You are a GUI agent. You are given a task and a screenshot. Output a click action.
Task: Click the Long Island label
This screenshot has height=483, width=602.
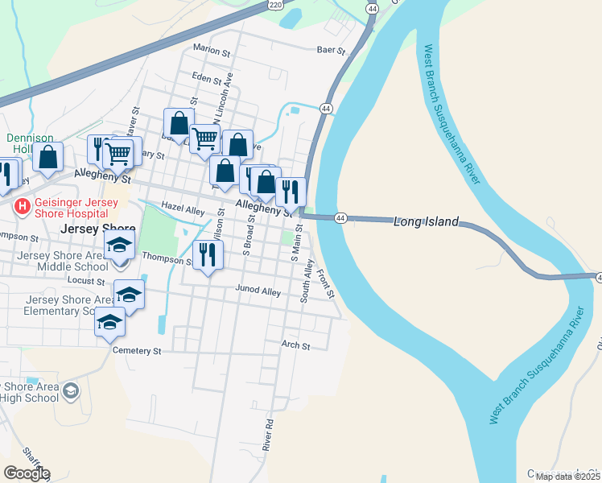426,221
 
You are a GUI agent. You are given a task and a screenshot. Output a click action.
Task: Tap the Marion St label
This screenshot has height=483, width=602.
212,50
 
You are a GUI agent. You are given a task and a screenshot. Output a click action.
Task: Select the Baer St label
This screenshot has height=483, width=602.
331,51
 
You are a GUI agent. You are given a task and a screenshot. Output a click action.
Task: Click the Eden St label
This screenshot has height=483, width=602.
207,78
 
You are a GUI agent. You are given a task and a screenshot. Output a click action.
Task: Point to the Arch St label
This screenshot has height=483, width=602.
295,345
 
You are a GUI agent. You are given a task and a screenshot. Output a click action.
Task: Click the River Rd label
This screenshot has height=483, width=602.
268,434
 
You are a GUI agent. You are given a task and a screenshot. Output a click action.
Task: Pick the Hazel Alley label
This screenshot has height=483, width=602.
183,209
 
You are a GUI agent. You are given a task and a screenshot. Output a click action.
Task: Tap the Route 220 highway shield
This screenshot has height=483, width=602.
276,6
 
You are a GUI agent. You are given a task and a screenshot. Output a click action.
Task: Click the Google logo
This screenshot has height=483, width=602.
27,473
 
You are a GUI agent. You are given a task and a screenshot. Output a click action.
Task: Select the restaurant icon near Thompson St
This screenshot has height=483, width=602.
208,255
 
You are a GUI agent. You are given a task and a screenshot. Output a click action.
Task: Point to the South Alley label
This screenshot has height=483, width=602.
307,281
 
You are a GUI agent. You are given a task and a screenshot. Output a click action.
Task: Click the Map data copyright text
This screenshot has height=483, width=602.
568,477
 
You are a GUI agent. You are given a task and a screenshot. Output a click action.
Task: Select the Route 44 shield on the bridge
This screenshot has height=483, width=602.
341,218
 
